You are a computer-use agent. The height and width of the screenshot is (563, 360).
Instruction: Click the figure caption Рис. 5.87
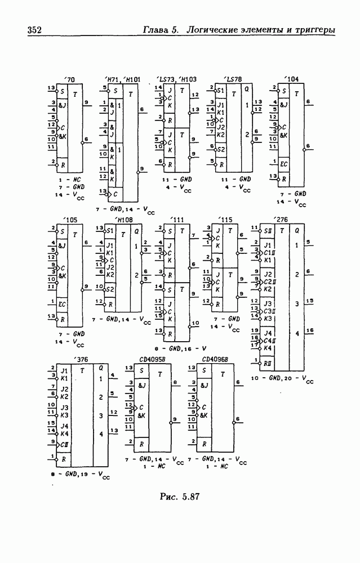pos(180,497)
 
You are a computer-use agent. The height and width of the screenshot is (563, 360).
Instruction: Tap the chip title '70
pos(70,80)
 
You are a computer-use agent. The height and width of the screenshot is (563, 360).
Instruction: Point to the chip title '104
pos(292,80)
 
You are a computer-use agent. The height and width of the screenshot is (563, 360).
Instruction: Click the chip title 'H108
pos(123,220)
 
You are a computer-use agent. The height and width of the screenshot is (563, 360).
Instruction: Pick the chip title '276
pos(279,220)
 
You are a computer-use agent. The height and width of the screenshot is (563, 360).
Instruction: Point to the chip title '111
pos(178,220)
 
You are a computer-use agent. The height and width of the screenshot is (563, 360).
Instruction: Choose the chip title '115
pos(226,220)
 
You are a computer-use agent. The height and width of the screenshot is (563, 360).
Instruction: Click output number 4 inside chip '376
pos(101,434)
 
